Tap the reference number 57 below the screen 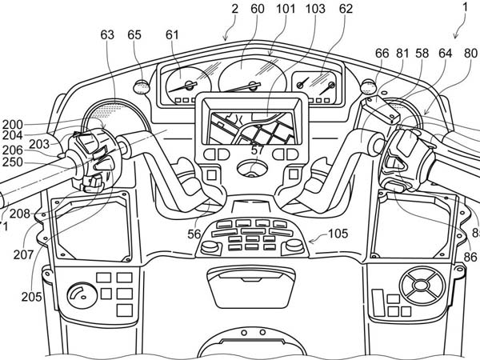(x=255, y=150)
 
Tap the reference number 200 (x=12, y=125)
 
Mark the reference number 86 (x=470, y=258)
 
